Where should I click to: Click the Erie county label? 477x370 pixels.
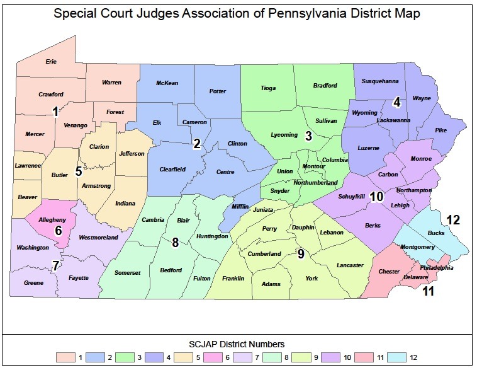[x=51, y=62]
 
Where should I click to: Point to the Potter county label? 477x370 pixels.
[x=217, y=91]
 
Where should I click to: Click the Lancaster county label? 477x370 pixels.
[x=351, y=265]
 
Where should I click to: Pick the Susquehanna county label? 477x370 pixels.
[x=379, y=81]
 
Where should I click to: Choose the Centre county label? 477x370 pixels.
[x=225, y=171]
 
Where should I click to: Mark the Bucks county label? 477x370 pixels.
[x=435, y=233]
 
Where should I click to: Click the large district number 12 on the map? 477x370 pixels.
[x=453, y=220]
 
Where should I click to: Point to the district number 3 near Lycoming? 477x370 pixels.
[x=308, y=136]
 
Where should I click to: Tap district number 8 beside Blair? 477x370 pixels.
[x=176, y=241]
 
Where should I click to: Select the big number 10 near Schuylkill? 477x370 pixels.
[x=376, y=197]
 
